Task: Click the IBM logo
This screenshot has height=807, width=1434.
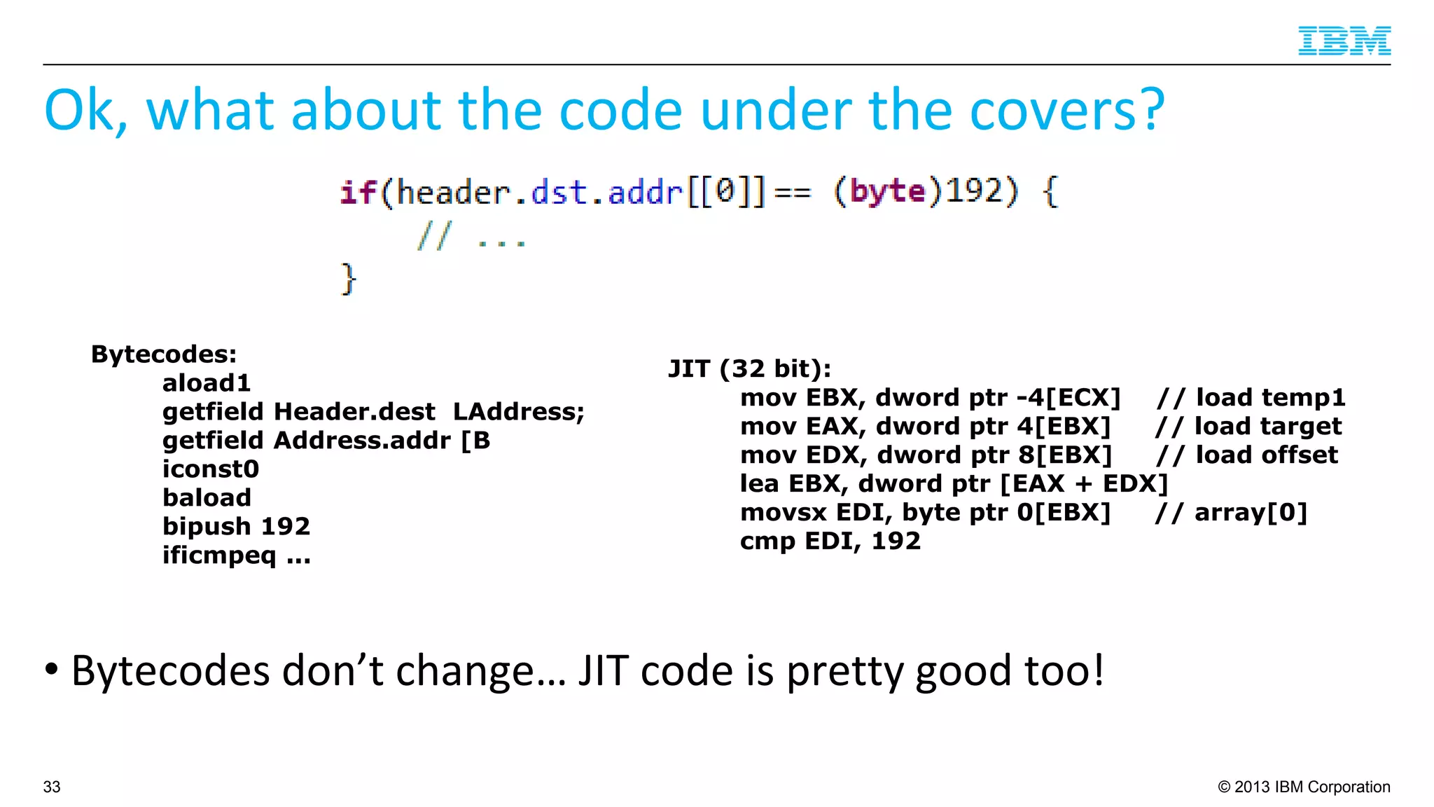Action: pos(1344,41)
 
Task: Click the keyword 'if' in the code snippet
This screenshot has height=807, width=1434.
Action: pos(358,193)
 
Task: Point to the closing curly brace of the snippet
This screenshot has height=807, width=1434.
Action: pos(348,280)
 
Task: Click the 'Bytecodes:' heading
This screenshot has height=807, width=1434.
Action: pos(164,354)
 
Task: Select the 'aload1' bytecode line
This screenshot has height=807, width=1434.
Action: pos(207,383)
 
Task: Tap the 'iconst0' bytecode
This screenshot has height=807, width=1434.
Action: pos(211,469)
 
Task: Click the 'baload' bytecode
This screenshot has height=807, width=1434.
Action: pos(207,497)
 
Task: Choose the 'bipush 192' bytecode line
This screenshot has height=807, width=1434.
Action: pos(236,526)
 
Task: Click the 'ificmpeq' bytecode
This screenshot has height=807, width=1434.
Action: pos(219,556)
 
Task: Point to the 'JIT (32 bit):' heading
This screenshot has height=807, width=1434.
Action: pos(749,368)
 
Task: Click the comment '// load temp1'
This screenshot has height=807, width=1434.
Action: pos(1251,397)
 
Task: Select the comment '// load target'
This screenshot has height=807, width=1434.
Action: pos(1248,426)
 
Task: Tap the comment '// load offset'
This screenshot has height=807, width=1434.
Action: pos(1246,455)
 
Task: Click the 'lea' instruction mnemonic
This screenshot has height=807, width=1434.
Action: pos(759,483)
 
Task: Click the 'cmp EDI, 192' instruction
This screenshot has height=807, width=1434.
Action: pos(830,541)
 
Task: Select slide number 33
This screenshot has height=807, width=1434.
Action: pos(52,787)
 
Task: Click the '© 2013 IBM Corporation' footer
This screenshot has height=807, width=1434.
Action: pos(1304,787)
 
